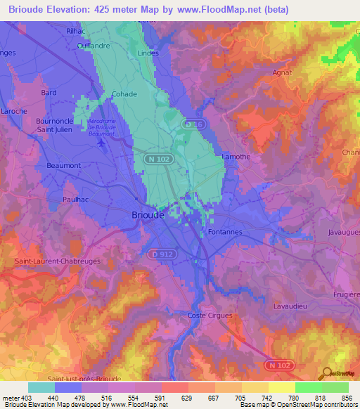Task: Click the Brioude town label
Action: click(148, 216)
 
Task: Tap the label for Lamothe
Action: click(236, 157)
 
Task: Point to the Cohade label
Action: click(124, 93)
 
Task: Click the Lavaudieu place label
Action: click(291, 306)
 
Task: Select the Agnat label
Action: click(282, 72)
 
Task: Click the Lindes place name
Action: click(148, 53)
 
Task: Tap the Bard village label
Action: click(49, 92)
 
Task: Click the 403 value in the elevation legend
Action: click(25, 397)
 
